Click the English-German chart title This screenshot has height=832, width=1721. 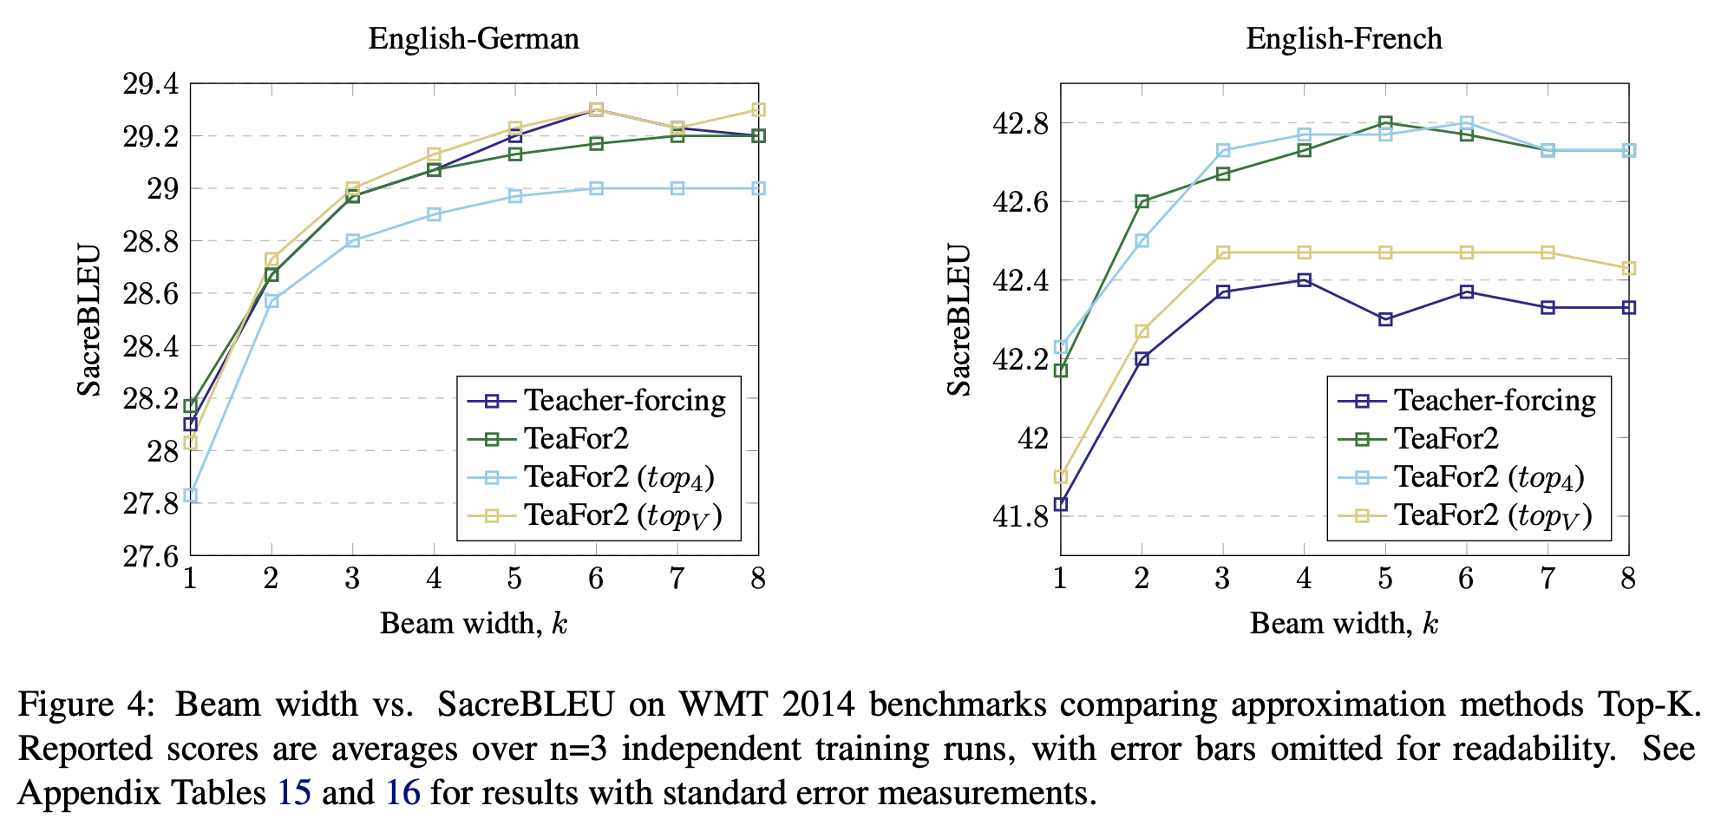473,39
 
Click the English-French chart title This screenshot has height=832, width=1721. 1344,39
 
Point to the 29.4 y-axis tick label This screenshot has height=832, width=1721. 151,84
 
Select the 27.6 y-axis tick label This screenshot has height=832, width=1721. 151,555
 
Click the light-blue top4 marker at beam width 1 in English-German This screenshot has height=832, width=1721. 190,495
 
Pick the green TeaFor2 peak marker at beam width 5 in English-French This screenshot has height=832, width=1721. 1385,123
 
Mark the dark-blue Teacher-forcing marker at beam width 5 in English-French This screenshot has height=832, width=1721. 1385,319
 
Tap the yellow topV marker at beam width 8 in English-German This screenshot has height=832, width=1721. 759,109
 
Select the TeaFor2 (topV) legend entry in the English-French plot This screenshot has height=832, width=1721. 1492,516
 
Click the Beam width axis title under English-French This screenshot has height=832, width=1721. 1344,624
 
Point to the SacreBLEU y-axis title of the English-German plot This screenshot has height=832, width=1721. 89,320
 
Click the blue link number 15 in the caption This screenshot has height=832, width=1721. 294,793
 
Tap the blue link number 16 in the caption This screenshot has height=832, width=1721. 403,793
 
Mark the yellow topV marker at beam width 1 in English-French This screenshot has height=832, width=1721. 1061,477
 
